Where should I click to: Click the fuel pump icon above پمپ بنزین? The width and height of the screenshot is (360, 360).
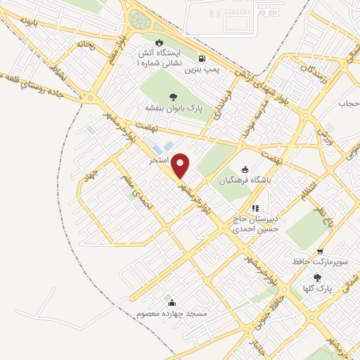click(x=203, y=59)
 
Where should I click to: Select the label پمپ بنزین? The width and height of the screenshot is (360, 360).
click(x=204, y=70)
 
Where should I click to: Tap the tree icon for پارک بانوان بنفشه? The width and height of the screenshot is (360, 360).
click(x=173, y=96)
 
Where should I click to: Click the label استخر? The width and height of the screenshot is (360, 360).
click(x=158, y=160)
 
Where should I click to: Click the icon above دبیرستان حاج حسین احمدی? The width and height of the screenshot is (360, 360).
click(x=256, y=208)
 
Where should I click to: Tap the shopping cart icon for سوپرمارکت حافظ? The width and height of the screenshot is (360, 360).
click(x=320, y=251)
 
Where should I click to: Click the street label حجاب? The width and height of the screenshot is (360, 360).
click(x=349, y=104)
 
